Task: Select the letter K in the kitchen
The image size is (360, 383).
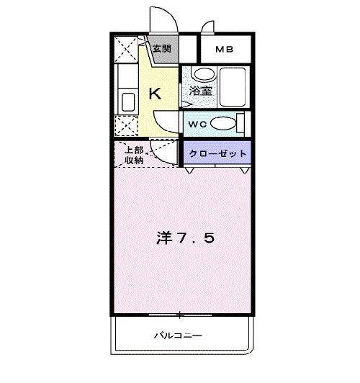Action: tap(154, 92)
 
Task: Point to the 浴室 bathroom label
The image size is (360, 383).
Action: tap(200, 91)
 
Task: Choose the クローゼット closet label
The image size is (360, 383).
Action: tap(218, 153)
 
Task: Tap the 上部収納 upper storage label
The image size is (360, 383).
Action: tap(133, 155)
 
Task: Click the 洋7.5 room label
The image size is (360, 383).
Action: tap(184, 238)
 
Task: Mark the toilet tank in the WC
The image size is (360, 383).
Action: tap(241, 123)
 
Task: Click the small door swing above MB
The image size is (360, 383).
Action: tap(209, 27)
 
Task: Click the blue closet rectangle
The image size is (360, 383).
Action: tap(218, 153)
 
